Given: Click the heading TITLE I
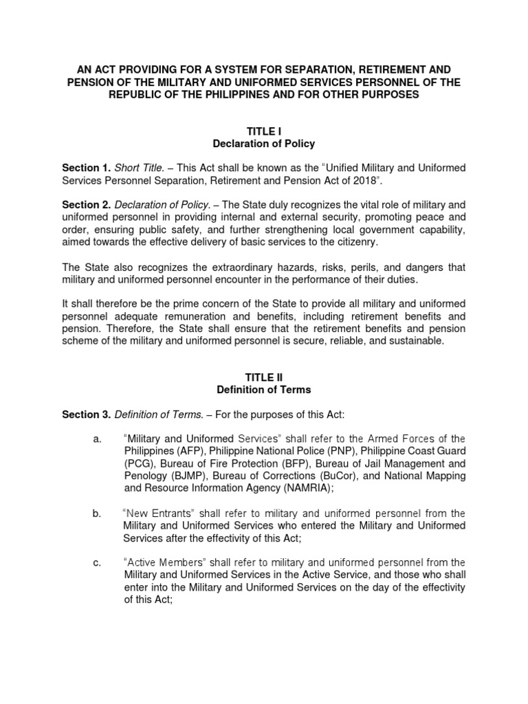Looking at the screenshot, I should pos(264,130).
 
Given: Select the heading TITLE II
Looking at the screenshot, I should pos(264,377).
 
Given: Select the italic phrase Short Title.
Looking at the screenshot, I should pos(138,168).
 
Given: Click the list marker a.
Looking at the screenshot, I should pos(96,439).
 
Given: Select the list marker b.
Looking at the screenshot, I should pos(96,514).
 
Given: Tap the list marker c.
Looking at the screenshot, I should pos(96,563).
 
